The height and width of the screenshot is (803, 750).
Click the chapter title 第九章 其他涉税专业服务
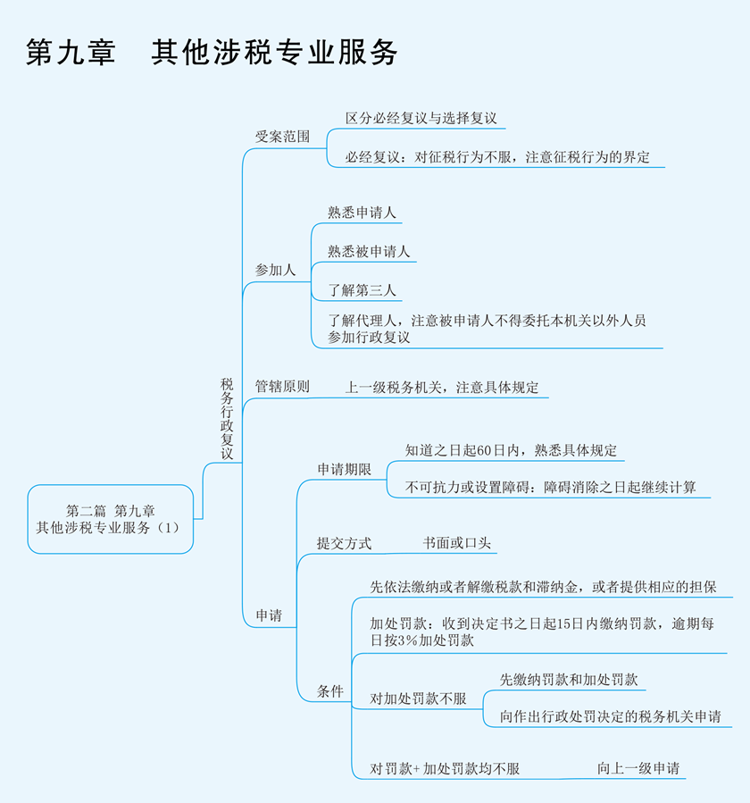coord(212,52)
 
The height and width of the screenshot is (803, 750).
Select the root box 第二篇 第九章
coord(110,519)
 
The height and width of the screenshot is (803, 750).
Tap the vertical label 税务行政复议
coord(227,418)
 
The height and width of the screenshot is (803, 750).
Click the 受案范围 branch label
coord(282,137)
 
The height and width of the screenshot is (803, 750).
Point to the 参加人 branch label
coord(275,269)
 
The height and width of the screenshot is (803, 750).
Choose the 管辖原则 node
coord(282,387)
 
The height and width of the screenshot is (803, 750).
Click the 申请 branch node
coord(270,615)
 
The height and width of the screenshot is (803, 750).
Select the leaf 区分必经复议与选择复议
coord(421,118)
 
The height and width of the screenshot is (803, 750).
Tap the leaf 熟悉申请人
coord(362,213)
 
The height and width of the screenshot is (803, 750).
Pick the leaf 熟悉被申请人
coord(369,251)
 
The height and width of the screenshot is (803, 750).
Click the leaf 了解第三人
coord(362,289)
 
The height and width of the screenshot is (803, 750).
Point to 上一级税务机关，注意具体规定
coord(442,388)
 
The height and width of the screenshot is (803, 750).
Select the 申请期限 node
coord(344,469)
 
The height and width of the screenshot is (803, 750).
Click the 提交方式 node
coord(344,543)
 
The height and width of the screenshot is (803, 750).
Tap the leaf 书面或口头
coord(457,543)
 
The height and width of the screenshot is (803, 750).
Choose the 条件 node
coord(329,690)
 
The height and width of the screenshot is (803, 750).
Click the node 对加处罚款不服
coord(418,698)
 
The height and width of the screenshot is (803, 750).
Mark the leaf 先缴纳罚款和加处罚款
coord(569,679)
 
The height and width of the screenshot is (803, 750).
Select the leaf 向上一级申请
coord(638,768)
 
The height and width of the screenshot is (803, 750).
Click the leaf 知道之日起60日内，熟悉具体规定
coord(511,450)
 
